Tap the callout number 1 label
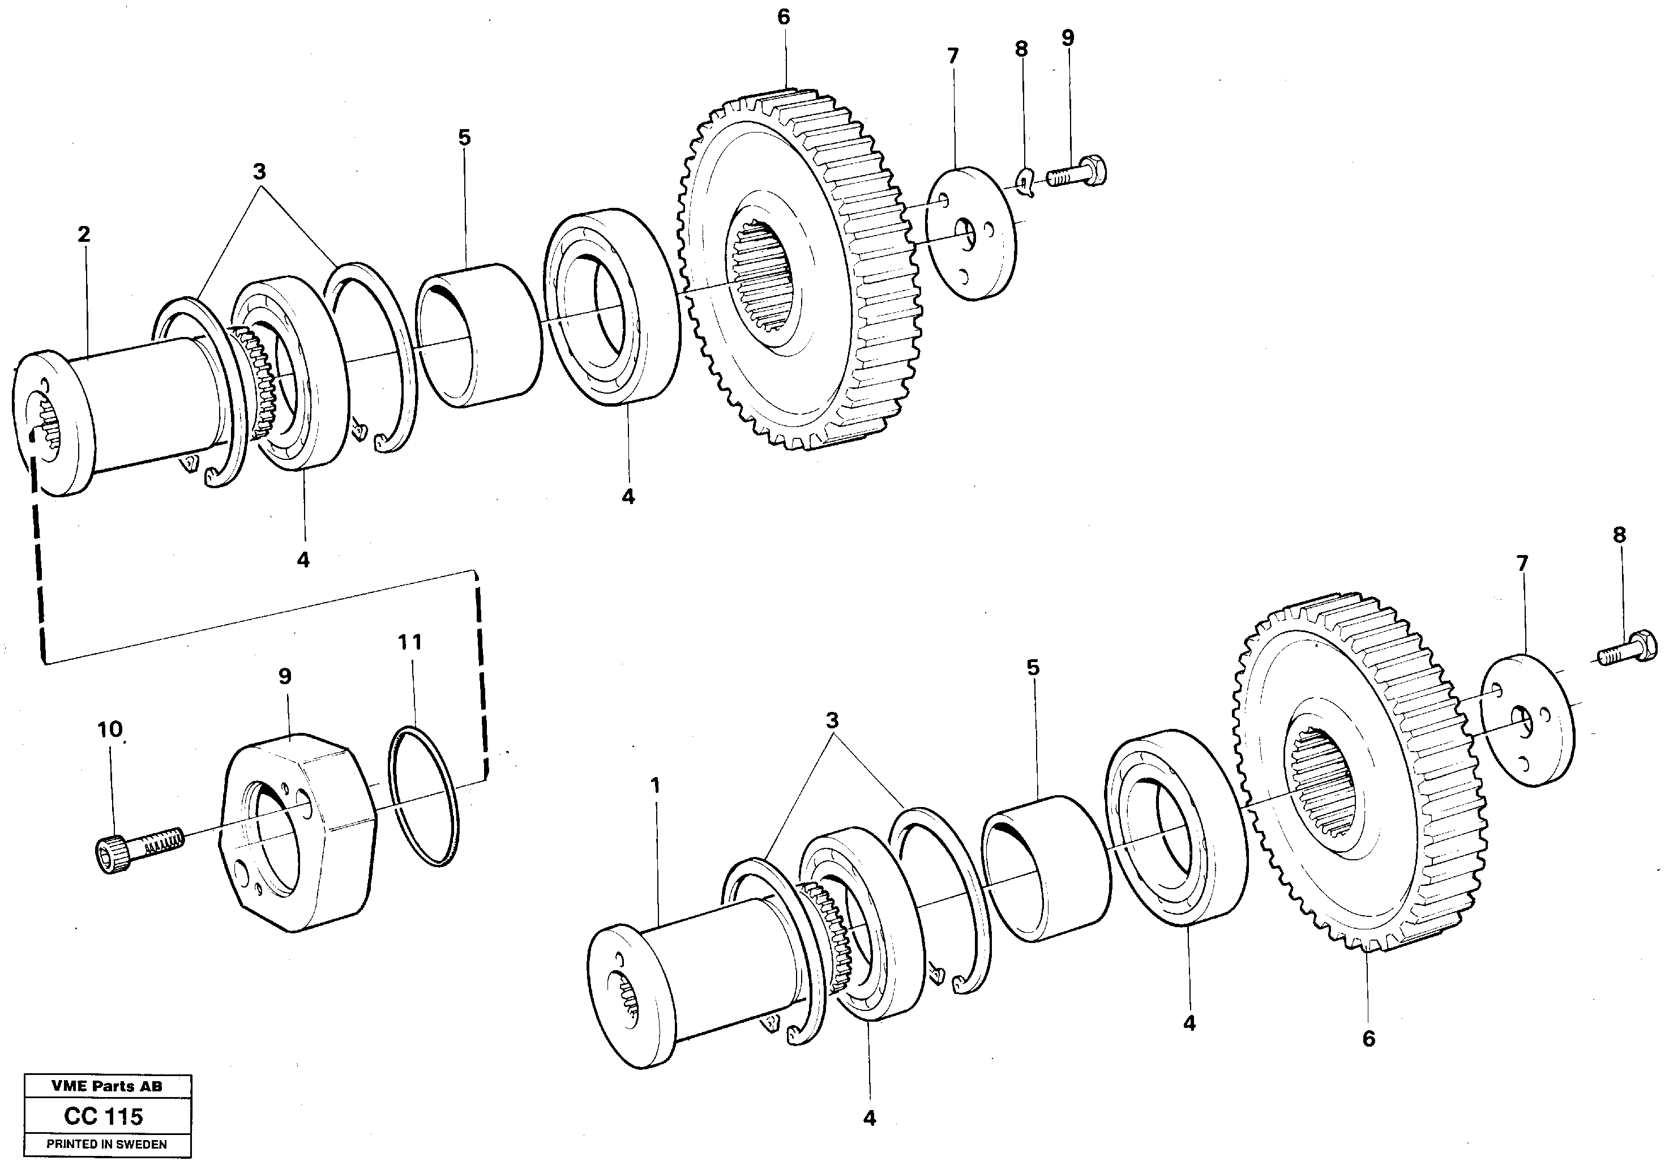click(x=656, y=786)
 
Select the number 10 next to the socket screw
click(x=110, y=729)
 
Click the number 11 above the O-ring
click(x=410, y=642)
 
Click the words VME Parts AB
click(x=107, y=1086)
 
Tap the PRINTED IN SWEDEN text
click(x=107, y=1144)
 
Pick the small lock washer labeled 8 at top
click(x=1025, y=182)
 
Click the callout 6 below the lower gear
click(x=1369, y=1039)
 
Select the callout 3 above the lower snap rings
click(x=832, y=720)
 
